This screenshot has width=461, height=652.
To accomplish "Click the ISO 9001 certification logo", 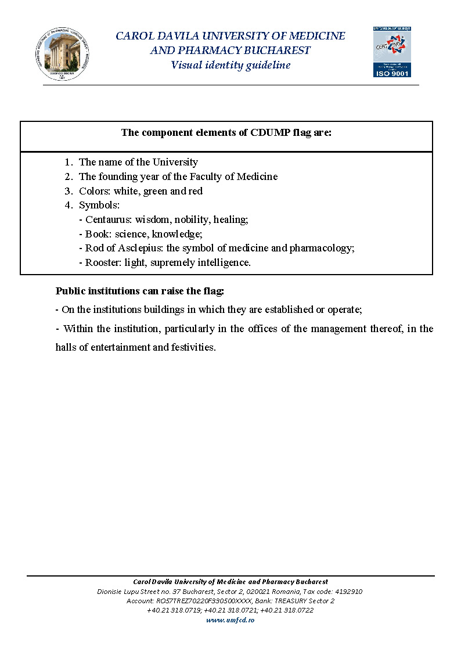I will pyautogui.click(x=392, y=52).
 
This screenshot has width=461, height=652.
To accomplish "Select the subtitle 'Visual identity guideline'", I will pyautogui.click(x=230, y=65).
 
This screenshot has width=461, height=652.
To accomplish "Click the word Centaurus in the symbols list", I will pyautogui.click(x=108, y=219).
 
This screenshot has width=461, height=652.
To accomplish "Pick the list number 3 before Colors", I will pyautogui.click(x=68, y=191).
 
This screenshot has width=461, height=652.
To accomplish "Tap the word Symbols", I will pyautogui.click(x=99, y=205).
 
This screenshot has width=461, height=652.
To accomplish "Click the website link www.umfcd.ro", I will pyautogui.click(x=230, y=620).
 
